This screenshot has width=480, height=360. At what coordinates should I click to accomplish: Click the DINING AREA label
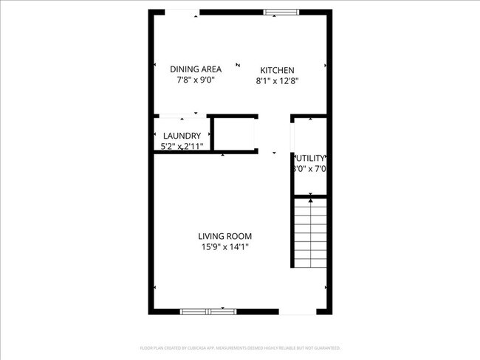196,70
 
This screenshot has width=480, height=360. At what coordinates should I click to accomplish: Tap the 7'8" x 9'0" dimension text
196,81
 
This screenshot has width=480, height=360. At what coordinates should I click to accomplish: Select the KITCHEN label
277,70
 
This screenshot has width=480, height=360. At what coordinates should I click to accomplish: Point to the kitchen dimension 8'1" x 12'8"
277,81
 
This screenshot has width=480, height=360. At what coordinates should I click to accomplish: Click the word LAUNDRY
182,136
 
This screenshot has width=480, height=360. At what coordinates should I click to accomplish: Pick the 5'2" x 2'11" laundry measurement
182,147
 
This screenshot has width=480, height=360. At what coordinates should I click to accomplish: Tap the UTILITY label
310,158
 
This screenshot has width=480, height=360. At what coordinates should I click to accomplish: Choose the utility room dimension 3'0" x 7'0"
310,169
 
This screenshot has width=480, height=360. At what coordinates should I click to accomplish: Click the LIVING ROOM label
230,236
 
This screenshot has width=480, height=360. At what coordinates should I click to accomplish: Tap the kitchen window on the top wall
282,12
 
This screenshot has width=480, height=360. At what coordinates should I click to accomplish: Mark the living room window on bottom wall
208,311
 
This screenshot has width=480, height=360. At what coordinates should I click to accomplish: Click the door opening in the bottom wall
297,311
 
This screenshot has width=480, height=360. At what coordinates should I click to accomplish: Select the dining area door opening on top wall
181,12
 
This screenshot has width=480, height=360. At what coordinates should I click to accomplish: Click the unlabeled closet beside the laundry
234,134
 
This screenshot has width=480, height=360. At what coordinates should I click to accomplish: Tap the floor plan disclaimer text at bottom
240,347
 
